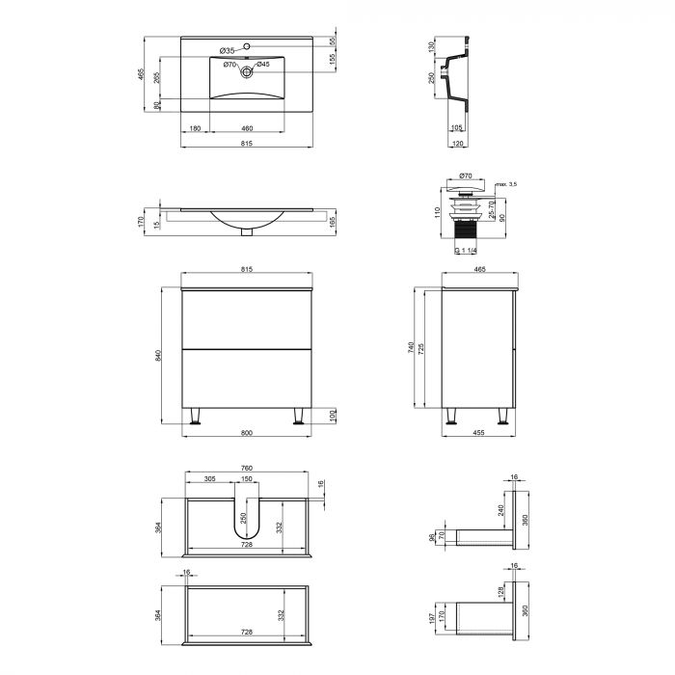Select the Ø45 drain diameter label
tap(263, 65)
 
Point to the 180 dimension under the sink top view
tap(195, 128)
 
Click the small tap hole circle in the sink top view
tap(247, 45)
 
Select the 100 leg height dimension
tap(332, 415)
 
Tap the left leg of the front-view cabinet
tap(197, 417)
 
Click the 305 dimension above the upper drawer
tap(209, 479)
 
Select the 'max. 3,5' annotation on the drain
tap(506, 183)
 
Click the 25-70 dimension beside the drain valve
tap(493, 208)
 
